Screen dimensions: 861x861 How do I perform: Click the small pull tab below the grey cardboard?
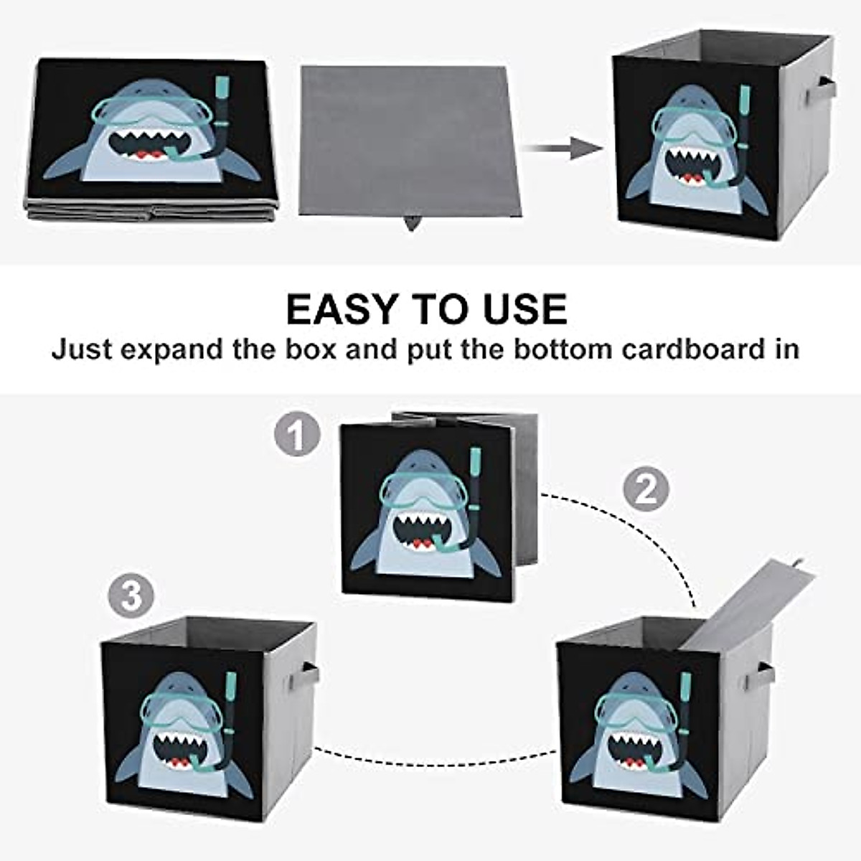(412, 224)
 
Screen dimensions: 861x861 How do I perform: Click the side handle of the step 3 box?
(309, 674)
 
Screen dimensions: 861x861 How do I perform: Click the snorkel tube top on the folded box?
(224, 89)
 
